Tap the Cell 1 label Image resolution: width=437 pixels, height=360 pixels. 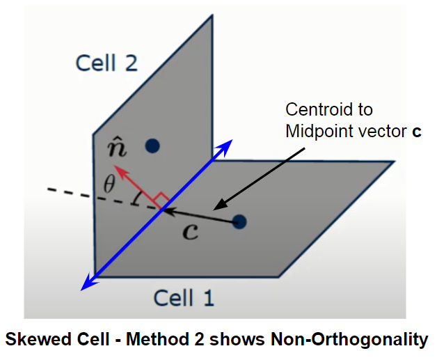point(184,298)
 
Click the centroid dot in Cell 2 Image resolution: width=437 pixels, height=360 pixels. point(152,146)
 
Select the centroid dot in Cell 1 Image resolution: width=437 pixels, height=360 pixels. point(239,222)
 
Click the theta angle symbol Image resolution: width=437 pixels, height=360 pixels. point(108,184)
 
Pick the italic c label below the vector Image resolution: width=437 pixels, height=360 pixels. point(190,230)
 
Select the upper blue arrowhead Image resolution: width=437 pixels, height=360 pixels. point(226,145)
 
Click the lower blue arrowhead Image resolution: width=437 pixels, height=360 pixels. point(86,283)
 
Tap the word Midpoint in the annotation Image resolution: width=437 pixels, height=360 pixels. point(316,132)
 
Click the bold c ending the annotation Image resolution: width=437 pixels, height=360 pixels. point(417,132)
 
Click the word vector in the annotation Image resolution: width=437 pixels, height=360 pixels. point(378,132)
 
